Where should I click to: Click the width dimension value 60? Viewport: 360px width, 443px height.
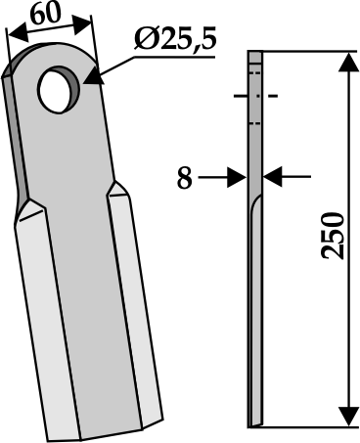coord(44,17)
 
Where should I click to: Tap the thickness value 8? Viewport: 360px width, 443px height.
coord(183,178)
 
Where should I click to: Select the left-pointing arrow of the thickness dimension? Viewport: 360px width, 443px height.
coord(273,177)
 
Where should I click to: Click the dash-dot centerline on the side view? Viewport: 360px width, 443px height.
coord(255,97)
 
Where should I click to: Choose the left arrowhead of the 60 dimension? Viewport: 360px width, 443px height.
coord(13,32)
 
